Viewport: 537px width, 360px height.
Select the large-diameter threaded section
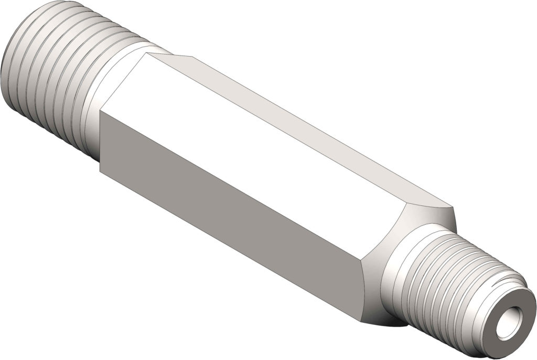tap(47, 68)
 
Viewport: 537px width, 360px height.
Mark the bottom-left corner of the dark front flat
tap(100, 170)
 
